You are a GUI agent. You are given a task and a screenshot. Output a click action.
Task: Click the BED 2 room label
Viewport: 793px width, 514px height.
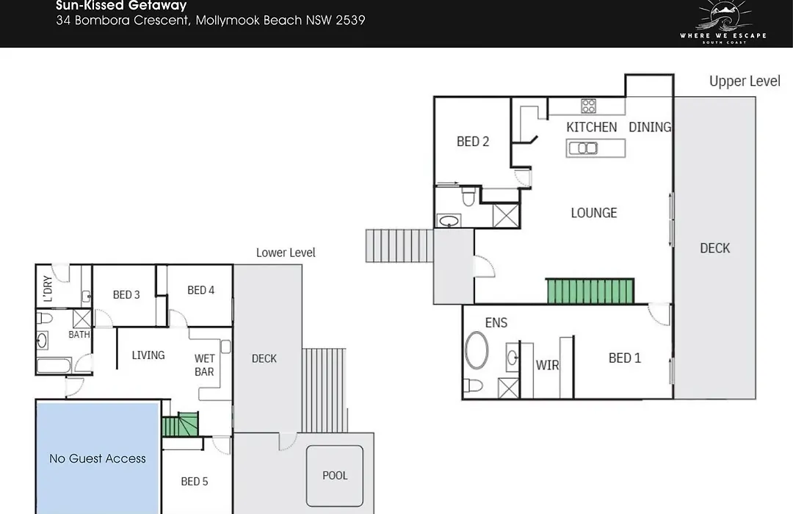(473, 142)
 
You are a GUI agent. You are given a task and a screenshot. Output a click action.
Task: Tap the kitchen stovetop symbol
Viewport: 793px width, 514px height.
(588, 106)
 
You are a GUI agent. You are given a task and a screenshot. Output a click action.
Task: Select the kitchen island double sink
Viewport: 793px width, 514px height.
(583, 148)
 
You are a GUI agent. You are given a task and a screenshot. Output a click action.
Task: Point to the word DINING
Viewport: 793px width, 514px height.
(650, 127)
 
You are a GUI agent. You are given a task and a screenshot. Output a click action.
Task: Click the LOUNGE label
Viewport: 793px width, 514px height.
(594, 213)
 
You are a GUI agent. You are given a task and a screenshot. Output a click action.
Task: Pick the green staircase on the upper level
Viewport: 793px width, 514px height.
(590, 291)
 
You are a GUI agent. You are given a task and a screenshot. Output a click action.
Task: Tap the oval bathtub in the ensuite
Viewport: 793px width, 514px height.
(477, 350)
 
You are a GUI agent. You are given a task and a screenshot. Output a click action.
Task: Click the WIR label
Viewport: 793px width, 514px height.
(547, 365)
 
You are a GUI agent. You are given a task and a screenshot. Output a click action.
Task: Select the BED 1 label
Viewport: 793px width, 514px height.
(625, 358)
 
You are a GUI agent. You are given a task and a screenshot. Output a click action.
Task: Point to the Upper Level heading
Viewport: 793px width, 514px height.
(745, 81)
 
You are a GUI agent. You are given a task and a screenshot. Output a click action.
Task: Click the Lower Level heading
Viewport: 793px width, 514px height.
(286, 253)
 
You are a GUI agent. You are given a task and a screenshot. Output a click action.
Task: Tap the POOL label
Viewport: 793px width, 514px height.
(335, 476)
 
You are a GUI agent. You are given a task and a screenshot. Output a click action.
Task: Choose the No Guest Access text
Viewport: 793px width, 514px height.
(98, 459)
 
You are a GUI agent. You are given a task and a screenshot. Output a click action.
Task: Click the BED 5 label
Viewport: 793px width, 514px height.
(194, 482)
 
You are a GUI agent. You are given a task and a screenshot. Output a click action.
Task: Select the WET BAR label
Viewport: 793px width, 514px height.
(204, 365)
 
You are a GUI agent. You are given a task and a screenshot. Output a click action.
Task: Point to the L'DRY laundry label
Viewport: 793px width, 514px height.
(48, 289)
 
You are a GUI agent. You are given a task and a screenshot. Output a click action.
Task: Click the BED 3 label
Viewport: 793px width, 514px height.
(126, 295)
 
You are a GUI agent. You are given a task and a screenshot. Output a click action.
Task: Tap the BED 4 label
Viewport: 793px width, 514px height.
(200, 290)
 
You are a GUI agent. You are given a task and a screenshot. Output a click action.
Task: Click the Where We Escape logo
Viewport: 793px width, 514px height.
(723, 21)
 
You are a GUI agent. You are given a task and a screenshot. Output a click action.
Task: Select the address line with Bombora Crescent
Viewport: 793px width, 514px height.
(211, 21)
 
